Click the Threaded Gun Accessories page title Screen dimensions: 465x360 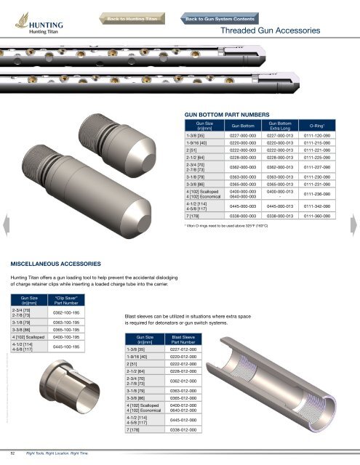pos(275,33)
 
